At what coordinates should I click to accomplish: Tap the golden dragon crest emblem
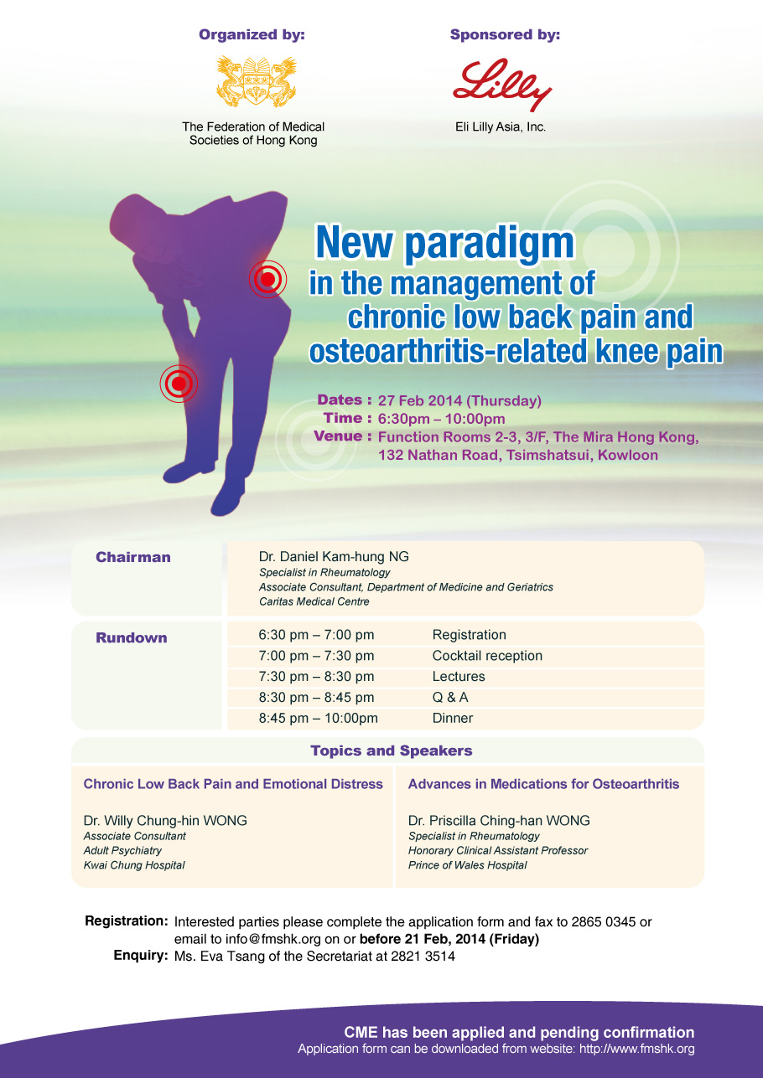click(256, 81)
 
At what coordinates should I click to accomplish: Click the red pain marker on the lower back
click(267, 279)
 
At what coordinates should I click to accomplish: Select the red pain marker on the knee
click(179, 384)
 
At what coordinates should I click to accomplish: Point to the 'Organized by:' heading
click(252, 34)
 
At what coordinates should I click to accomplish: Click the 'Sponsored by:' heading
click(505, 34)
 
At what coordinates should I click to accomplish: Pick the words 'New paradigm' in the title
click(444, 243)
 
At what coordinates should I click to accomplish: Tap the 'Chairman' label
click(133, 557)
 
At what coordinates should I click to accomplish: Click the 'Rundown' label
click(132, 637)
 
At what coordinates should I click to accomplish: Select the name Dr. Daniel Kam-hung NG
click(334, 557)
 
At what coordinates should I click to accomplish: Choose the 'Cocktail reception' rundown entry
click(487, 656)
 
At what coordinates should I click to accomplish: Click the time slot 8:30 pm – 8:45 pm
click(316, 698)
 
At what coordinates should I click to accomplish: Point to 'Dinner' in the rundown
click(452, 718)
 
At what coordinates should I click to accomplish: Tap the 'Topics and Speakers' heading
click(391, 750)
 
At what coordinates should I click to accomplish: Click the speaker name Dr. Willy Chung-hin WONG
click(165, 821)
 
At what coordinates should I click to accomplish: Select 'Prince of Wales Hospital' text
click(467, 864)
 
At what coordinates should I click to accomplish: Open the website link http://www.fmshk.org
click(636, 1049)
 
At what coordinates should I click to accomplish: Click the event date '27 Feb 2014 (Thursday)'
click(459, 400)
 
